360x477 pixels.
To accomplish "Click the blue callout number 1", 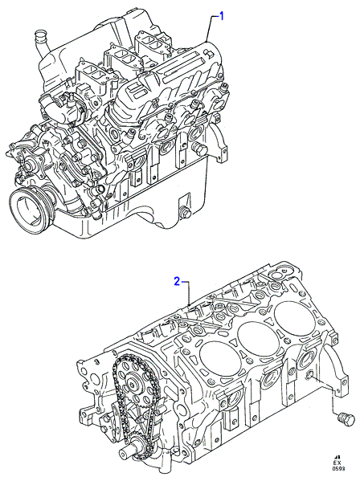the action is [221, 16].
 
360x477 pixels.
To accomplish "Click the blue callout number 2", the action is [177, 281].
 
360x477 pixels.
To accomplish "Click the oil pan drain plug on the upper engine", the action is [185, 212].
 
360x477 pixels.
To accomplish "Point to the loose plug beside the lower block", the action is [346, 420].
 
